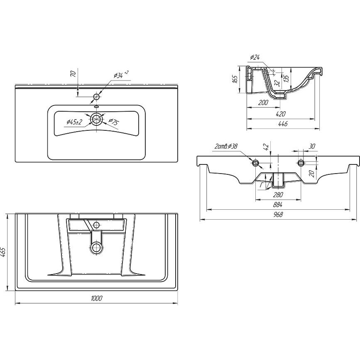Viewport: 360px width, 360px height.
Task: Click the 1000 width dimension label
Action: (x=97, y=298)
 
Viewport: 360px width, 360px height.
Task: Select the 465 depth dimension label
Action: (x=3, y=252)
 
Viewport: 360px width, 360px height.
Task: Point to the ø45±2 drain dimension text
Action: (x=74, y=122)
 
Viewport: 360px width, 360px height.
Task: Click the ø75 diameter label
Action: (x=113, y=122)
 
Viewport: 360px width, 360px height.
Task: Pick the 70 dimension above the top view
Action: (x=73, y=74)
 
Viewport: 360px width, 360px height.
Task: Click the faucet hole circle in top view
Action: (x=96, y=97)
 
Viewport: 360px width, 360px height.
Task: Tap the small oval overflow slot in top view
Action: (x=96, y=107)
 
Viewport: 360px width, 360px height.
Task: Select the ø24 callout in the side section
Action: (x=255, y=57)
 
